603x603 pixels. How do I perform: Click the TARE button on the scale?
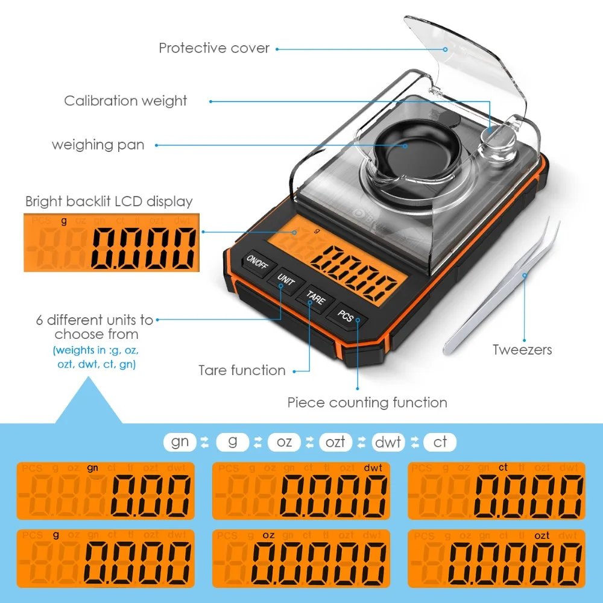click(315, 297)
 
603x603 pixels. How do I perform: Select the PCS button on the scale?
click(346, 315)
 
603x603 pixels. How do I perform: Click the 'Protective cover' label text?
click(214, 48)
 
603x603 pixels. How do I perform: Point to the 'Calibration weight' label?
click(125, 101)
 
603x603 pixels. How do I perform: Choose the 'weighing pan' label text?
click(98, 145)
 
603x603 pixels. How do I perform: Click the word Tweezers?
click(522, 349)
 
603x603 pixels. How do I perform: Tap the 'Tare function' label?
click(242, 370)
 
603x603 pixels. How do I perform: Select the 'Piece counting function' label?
click(367, 402)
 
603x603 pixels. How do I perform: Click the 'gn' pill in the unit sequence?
click(180, 442)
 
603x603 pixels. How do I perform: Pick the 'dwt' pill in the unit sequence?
click(388, 442)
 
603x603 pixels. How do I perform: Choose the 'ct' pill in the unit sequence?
click(440, 442)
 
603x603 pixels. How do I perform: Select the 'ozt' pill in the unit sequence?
click(335, 442)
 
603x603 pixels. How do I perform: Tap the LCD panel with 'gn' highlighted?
click(106, 490)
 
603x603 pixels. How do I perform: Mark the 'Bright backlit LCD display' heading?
click(109, 201)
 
